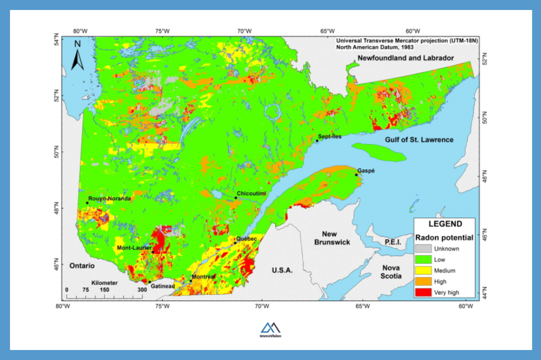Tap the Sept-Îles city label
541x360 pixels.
tap(330, 136)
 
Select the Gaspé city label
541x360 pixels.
tap(366, 170)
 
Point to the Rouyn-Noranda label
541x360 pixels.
tap(109, 199)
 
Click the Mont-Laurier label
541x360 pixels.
tap(135, 248)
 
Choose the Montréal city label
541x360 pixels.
tap(203, 277)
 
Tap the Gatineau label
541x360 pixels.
tap(162, 286)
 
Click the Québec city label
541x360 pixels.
tap(246, 239)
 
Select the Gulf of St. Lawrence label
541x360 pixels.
tap(419, 139)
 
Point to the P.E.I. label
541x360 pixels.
tap(393, 242)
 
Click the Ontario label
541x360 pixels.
tap(81, 266)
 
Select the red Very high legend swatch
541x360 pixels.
tap(422, 292)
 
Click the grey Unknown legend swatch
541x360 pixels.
tap(422, 249)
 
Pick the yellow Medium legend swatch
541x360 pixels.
tap(422, 271)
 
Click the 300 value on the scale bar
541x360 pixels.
tap(142, 290)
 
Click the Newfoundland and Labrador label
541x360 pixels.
tap(406, 58)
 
